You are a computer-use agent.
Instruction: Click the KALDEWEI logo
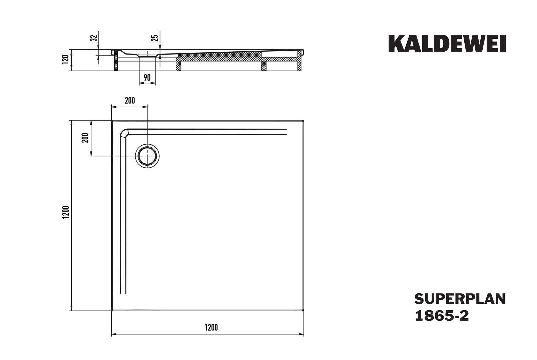[x=447, y=44]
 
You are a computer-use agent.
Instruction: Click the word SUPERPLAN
[x=460, y=299]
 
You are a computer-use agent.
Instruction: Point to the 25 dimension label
[x=155, y=38]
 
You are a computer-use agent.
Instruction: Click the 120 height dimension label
[x=65, y=59]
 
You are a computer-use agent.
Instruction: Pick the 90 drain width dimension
[x=147, y=78]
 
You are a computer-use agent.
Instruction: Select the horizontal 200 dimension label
[x=130, y=101]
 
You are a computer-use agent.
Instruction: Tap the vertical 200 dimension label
[x=85, y=138]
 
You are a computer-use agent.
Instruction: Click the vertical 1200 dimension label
[x=66, y=212]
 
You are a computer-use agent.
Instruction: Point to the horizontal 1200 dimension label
[x=211, y=327]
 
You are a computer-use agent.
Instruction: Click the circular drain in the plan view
[x=147, y=156]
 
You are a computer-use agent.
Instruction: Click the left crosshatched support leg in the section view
[x=116, y=60]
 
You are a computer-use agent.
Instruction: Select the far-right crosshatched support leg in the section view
[x=300, y=60]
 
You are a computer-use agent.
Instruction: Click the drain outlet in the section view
[x=147, y=55]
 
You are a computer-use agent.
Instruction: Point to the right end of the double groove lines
[x=287, y=132]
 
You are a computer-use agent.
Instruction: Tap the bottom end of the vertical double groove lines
[x=123, y=293]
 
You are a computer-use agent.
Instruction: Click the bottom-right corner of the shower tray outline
[x=304, y=311]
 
